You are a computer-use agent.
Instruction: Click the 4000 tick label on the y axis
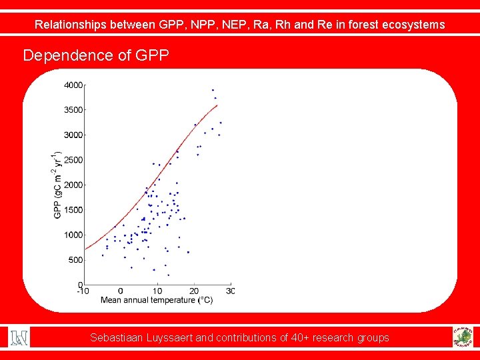click(x=73, y=85)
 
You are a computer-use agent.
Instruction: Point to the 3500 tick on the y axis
click(x=73, y=110)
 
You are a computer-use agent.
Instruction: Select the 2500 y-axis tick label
click(x=73, y=160)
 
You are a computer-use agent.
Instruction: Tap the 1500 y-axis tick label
click(x=73, y=210)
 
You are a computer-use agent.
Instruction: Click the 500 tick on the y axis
click(x=75, y=260)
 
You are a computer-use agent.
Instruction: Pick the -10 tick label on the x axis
click(x=83, y=291)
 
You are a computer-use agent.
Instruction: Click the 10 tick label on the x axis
click(x=157, y=291)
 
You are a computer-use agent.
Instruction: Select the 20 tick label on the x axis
click(x=194, y=291)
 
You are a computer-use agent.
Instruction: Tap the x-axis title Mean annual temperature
click(x=157, y=300)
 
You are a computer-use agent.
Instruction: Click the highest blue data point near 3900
click(x=213, y=90)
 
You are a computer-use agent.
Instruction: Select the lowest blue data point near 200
click(x=168, y=275)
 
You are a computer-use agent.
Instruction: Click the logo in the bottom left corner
click(x=19, y=337)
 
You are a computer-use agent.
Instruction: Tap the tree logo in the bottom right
click(x=461, y=337)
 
